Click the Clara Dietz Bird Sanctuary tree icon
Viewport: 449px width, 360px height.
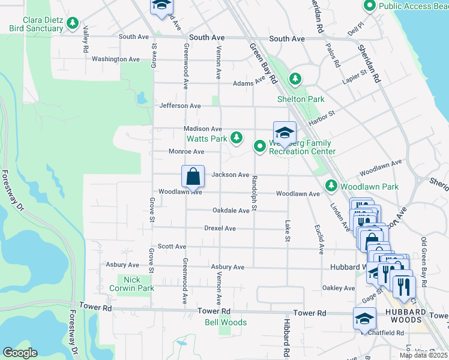pyautogui.click(x=73, y=23)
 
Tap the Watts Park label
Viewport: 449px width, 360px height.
pyautogui.click(x=206, y=139)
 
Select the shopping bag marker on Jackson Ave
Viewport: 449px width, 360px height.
pyautogui.click(x=193, y=177)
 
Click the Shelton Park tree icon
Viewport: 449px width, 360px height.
pyautogui.click(x=295, y=79)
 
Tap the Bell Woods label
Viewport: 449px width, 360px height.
pyautogui.click(x=226, y=322)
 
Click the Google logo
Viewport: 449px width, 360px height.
pyautogui.click(x=20, y=353)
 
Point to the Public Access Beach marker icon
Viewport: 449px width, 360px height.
pyautogui.click(x=370, y=6)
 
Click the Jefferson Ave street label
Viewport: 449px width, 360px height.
pyautogui.click(x=180, y=106)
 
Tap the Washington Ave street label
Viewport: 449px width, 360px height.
pyautogui.click(x=116, y=59)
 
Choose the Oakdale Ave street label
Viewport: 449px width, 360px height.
pyautogui.click(x=231, y=211)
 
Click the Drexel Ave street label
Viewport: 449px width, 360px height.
pyautogui.click(x=220, y=229)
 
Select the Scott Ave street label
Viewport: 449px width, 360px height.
pyautogui.click(x=172, y=247)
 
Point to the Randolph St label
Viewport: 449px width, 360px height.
pyautogui.click(x=255, y=193)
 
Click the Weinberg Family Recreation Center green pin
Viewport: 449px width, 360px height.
pyautogui.click(x=260, y=146)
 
